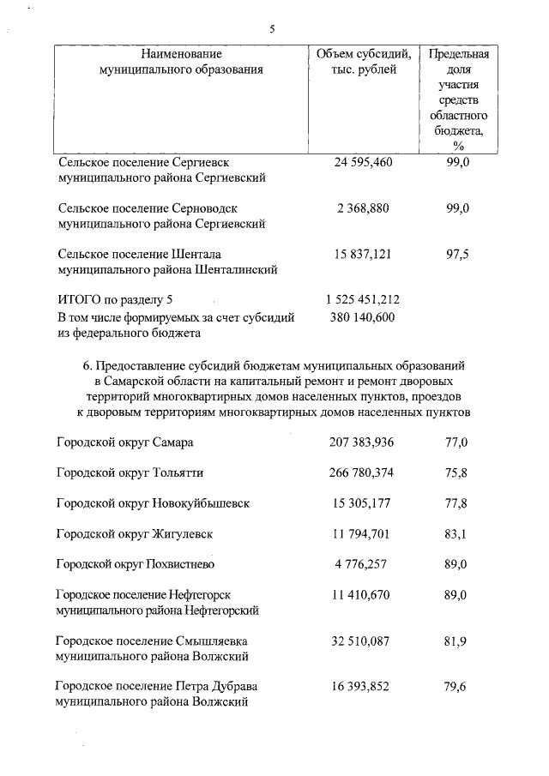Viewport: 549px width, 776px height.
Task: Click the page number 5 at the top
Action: (272, 28)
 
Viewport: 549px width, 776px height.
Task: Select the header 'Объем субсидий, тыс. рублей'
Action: (364, 62)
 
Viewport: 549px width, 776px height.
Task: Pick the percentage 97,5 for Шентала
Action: (458, 254)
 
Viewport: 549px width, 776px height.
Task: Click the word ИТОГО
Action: (79, 300)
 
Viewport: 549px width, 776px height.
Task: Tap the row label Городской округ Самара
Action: (125, 442)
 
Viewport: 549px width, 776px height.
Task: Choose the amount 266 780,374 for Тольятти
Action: (364, 472)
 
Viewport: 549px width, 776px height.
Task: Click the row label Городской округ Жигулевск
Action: (135, 533)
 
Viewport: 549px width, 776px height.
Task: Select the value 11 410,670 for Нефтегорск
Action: (364, 594)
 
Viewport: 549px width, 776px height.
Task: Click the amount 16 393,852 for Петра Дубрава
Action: (364, 687)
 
